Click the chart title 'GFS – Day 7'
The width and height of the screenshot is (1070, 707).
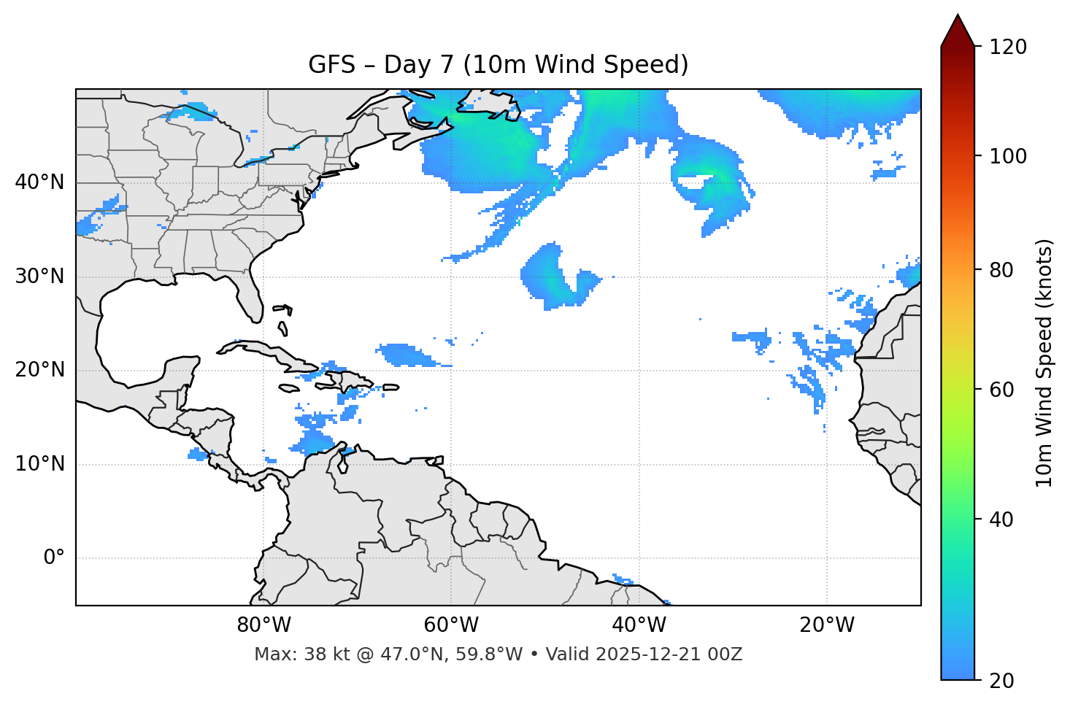pos(498,65)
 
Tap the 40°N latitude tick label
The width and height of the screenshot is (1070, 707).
pos(39,182)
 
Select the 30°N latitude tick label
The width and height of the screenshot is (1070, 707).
pos(39,277)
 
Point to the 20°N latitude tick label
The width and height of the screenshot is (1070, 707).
pos(39,370)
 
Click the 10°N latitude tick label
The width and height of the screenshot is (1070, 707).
pos(39,464)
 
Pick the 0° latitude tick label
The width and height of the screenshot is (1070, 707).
pos(54,558)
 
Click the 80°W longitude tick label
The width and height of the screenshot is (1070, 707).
pos(263,625)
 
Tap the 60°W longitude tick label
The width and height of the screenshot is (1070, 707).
pos(451,625)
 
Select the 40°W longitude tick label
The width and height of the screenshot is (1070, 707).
pos(639,625)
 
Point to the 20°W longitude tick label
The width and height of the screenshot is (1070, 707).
pos(826,625)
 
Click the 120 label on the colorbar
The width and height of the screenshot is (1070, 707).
pos(1008,47)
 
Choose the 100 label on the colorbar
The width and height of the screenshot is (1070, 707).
pos(1008,156)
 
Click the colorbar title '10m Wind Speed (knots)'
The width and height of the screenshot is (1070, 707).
pos(1044,363)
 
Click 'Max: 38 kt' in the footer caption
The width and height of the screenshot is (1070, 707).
pos(285,654)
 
